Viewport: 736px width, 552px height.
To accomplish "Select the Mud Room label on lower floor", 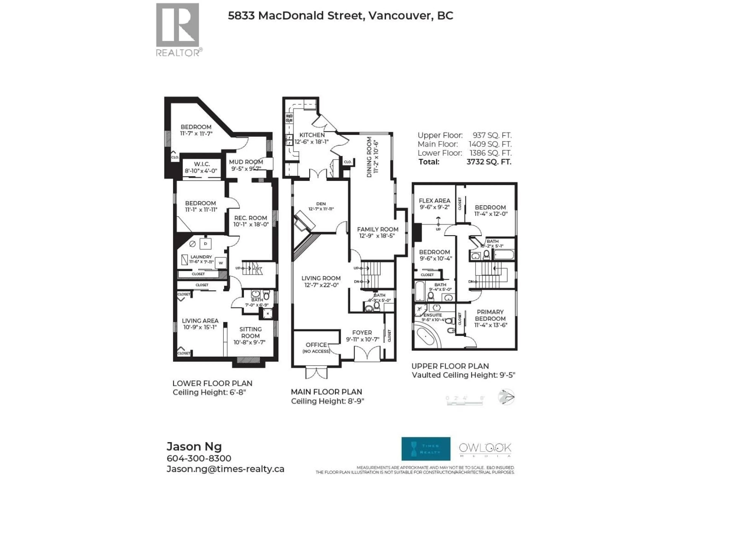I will tap(246, 162).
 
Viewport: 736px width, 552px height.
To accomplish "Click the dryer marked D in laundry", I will tap(205, 244).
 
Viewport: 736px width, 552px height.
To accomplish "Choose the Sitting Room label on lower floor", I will tap(250, 332).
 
